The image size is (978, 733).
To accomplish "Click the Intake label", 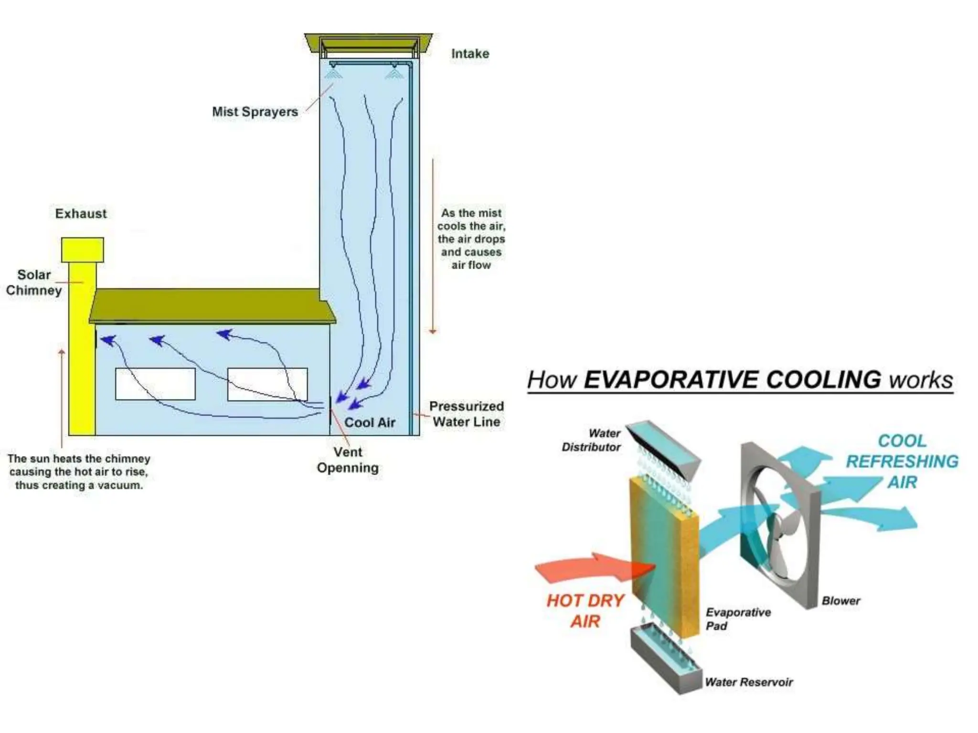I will click(470, 53).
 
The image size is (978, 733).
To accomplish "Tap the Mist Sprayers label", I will click(255, 112).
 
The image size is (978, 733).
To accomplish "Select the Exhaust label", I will click(81, 213).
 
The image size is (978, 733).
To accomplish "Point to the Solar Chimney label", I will click(34, 283).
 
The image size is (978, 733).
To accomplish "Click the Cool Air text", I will click(370, 422).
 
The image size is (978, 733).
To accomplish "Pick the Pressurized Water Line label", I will click(466, 414).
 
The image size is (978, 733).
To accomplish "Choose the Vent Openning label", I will click(348, 460).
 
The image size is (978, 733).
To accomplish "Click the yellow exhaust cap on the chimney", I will click(83, 250).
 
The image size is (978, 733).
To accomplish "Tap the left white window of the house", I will click(155, 384).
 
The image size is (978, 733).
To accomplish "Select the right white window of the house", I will click(267, 384).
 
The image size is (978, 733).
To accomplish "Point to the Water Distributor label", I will click(591, 440).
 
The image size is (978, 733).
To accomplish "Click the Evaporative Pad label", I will click(738, 619).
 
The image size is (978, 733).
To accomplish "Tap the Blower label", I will click(840, 601).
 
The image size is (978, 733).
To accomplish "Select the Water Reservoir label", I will click(748, 682).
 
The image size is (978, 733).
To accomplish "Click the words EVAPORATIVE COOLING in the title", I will click(733, 380).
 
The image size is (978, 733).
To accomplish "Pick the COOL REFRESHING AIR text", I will click(902, 461).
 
